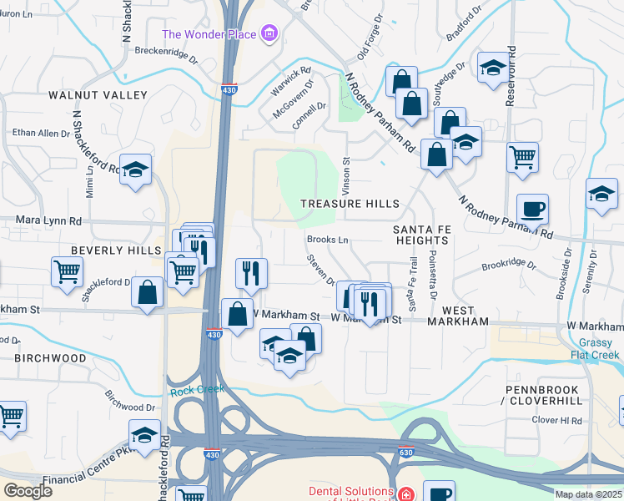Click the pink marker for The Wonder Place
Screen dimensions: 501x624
tap(269, 34)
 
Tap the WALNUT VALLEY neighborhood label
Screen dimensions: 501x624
tap(86, 95)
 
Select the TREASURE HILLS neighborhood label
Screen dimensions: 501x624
tap(350, 204)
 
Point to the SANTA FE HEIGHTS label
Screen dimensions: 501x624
tap(421, 235)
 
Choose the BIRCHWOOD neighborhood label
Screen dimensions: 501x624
tap(50, 357)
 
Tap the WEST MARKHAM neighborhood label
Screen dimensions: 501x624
tap(458, 321)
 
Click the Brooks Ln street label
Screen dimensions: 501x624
tap(327, 240)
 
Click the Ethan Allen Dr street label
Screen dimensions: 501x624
tap(41, 133)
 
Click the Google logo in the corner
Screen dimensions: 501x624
tap(28, 491)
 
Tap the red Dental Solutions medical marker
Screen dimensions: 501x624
tap(405, 495)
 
